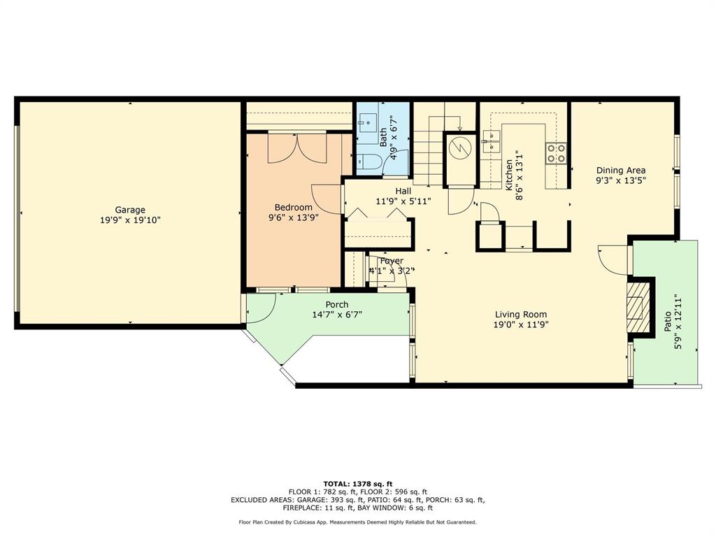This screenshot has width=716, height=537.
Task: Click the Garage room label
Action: (130, 210)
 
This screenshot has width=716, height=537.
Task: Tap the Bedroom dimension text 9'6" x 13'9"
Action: (293, 217)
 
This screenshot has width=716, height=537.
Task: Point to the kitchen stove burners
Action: (556, 153)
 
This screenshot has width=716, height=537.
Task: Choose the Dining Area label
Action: (620, 170)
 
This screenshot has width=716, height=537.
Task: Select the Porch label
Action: (337, 304)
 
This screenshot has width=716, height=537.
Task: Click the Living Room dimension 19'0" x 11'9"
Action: (521, 324)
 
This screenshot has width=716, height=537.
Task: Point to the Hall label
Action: (403, 191)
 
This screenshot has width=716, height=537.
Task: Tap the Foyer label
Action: (392, 261)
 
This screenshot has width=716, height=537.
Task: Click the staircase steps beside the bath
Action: (428, 150)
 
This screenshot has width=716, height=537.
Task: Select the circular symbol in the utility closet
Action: (460, 148)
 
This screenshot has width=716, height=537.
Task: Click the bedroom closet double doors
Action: (298, 148)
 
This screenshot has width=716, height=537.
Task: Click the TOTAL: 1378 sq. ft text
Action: (357, 484)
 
